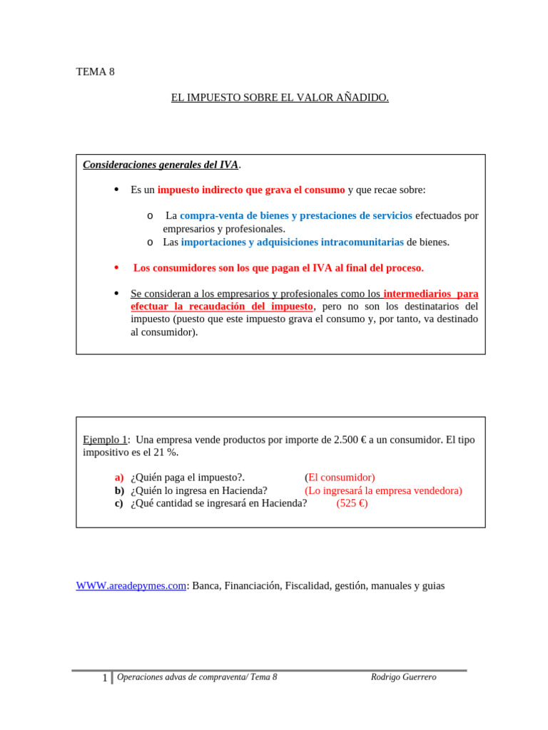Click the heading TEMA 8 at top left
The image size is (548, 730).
(95, 71)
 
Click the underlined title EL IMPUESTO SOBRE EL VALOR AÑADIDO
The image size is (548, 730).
(280, 98)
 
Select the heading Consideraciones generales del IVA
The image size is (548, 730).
(161, 165)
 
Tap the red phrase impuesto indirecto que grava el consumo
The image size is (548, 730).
(250, 190)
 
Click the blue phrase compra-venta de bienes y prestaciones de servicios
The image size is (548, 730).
(295, 215)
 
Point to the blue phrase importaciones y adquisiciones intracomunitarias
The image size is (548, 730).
(292, 242)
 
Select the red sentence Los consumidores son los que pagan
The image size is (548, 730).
(278, 268)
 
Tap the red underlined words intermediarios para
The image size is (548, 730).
(430, 294)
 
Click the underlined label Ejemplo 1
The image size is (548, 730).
(105, 440)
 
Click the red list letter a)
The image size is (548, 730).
(118, 478)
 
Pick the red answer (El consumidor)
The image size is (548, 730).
(340, 478)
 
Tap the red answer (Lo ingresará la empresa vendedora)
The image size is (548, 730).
(383, 490)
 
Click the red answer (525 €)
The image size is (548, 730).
(352, 503)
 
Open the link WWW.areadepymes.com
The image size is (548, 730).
(131, 586)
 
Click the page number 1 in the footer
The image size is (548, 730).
(105, 678)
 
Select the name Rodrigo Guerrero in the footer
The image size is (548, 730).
(403, 677)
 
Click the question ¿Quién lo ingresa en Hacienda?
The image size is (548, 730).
(199, 490)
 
